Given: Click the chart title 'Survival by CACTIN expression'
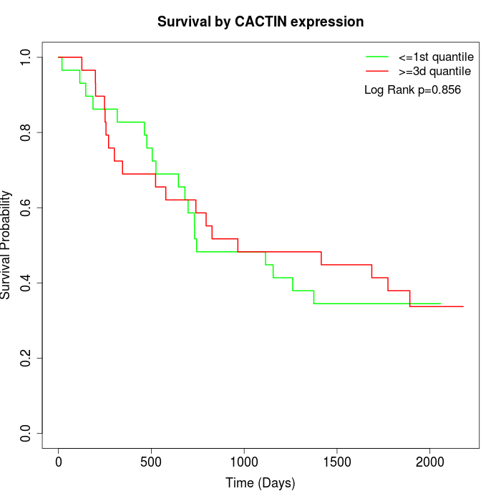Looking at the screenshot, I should point(261,22).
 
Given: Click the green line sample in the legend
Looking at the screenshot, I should point(377,57).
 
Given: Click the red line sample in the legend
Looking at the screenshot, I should point(377,72).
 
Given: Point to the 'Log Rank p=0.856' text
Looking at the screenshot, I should point(412,90).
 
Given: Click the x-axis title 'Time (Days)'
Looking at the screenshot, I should point(261,483).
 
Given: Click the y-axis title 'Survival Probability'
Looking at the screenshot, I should point(6,245).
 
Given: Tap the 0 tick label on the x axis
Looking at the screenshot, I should point(59,461).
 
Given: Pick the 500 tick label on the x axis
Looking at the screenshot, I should point(152,461).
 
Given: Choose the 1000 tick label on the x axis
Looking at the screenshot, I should point(244,461).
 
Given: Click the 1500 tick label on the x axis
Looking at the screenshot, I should point(337,461).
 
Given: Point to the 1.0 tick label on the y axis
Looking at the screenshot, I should point(26,57).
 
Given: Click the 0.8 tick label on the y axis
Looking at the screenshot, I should point(26,132).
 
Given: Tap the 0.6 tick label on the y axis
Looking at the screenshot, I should point(26,208).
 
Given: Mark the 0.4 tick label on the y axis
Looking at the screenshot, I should point(26,283).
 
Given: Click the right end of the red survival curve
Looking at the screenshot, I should point(463,306).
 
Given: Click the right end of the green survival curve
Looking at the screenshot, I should point(440,303).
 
